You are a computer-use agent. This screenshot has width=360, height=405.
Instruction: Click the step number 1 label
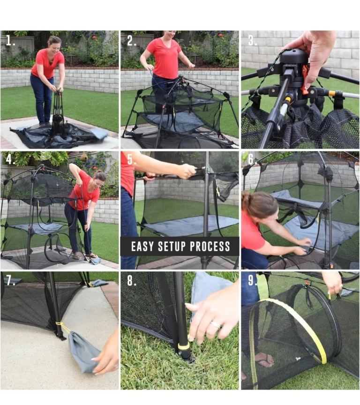[x=10, y=40]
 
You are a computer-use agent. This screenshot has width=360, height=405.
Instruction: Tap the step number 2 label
[x=131, y=41]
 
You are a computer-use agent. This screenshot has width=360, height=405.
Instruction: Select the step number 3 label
[x=252, y=41]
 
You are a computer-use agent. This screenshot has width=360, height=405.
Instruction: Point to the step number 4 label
[x=11, y=159]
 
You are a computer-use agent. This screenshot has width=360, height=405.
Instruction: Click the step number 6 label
[x=252, y=159]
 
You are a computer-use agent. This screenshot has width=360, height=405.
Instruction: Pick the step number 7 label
[x=11, y=280]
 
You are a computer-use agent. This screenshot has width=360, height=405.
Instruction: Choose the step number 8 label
[x=131, y=280]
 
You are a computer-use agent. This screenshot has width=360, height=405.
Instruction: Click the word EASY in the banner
[x=142, y=247]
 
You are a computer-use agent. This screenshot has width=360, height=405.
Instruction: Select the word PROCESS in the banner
[x=210, y=247]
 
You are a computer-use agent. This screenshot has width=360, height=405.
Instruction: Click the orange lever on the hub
[x=305, y=79]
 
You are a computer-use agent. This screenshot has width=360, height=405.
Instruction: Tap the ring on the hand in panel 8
[x=216, y=325]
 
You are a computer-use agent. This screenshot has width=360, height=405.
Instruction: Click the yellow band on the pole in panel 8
[x=183, y=346]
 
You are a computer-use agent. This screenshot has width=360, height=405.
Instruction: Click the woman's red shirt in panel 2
[x=164, y=59]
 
